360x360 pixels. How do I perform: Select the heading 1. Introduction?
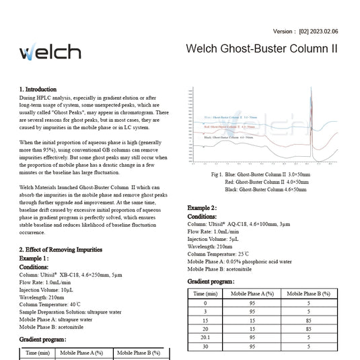pos(38,89)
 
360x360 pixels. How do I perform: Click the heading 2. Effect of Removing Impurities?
pos(61,249)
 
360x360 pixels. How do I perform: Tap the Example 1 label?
pos(34,258)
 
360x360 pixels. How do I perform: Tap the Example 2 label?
pos(202,209)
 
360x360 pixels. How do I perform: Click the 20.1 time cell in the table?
pos(205,337)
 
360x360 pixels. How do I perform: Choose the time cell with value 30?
pos(205,346)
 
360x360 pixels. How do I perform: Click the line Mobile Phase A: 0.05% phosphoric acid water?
pos(239,261)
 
